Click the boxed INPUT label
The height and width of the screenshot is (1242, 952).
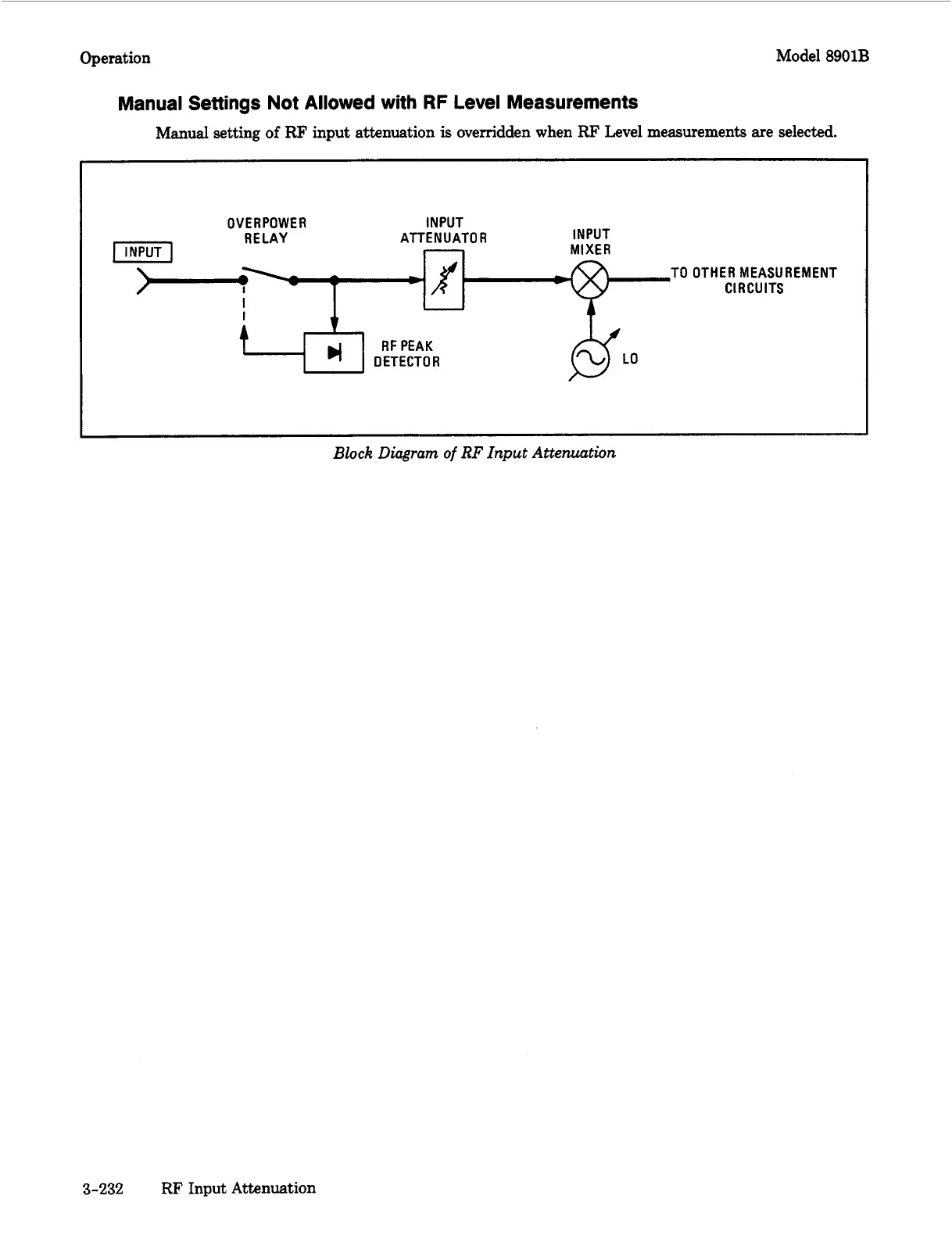pos(143,252)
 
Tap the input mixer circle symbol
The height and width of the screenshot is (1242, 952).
pos(591,279)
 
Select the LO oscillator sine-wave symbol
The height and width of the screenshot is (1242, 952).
pos(591,359)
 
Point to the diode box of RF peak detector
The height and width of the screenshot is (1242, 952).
pos(334,353)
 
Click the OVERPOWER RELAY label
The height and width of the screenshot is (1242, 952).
pos(267,231)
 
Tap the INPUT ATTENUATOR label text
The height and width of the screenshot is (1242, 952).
pos(443,231)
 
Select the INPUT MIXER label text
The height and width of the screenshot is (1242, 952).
pos(591,242)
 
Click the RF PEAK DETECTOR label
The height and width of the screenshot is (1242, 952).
pos(406,354)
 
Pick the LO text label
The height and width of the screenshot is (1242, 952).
pos(630,359)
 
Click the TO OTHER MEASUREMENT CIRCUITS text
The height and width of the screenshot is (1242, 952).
pos(753,280)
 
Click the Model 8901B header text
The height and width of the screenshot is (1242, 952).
pos(822,57)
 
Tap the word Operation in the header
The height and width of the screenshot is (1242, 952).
pos(115,58)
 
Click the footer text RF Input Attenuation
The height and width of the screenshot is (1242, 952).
pos(238,1188)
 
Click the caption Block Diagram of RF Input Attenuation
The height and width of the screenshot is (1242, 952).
pos(474,453)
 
